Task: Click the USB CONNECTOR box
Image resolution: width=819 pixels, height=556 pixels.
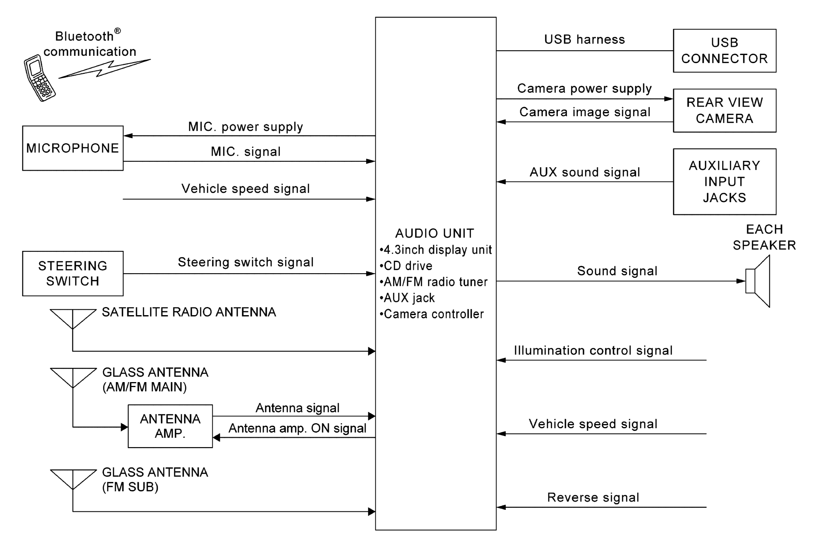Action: point(724,51)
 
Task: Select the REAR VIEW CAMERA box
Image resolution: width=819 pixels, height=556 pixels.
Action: point(724,110)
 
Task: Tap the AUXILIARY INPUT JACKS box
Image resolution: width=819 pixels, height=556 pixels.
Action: point(724,182)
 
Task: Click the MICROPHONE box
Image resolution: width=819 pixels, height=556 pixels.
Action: point(73,148)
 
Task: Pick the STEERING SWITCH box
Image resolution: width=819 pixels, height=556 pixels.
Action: point(73,274)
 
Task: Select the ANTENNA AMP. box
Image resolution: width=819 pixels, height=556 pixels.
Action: point(170,426)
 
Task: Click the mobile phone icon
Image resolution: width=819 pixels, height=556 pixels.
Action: point(39,78)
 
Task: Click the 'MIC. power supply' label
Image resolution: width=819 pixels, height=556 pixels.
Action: point(245,127)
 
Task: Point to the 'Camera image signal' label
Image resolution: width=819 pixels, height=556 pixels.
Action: point(584,112)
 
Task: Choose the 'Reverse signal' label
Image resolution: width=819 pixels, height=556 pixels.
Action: point(593,497)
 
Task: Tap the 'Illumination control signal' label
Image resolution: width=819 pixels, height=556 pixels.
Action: point(593,351)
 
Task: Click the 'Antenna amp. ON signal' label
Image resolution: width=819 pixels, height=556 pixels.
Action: point(297,428)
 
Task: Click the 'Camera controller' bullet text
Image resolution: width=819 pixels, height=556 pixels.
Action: point(433,314)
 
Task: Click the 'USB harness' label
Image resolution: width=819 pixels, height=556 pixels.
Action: point(584,39)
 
